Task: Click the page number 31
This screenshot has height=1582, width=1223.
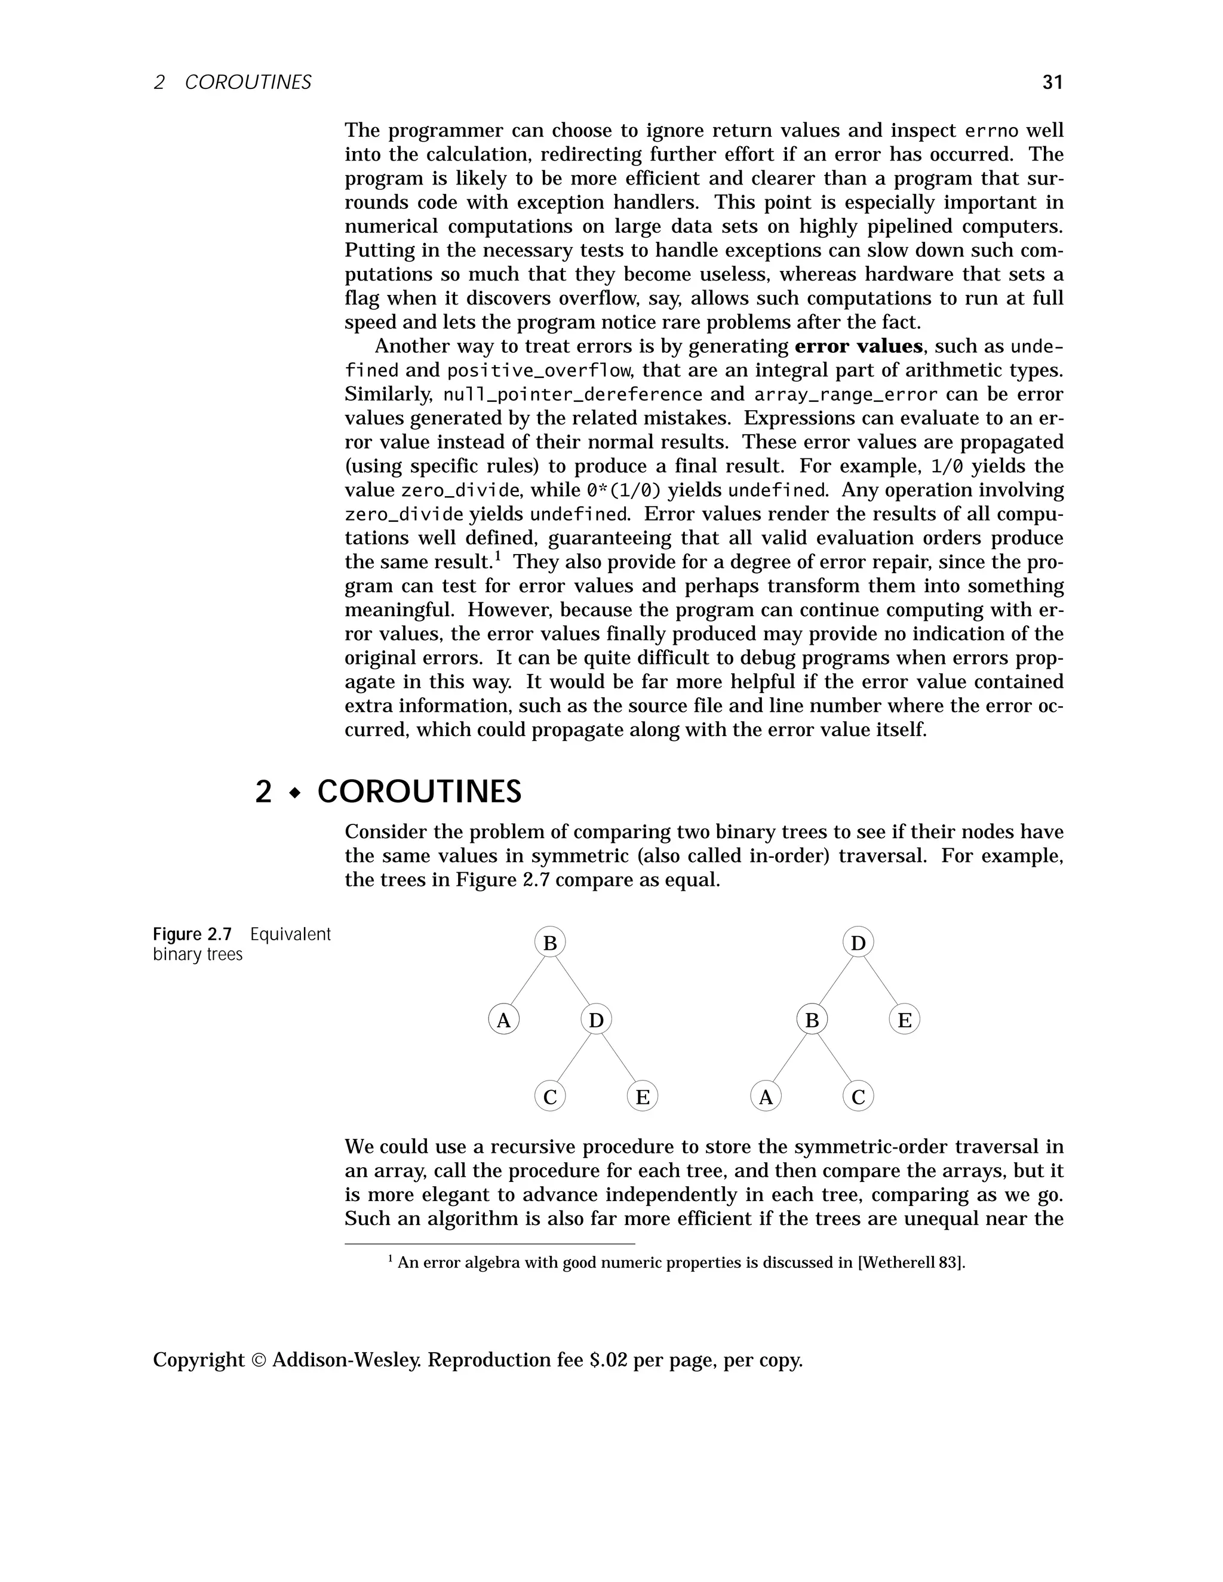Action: coord(1052,82)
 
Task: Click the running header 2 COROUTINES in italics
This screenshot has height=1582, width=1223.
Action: coord(232,82)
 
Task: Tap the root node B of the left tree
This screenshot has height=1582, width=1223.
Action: coord(550,943)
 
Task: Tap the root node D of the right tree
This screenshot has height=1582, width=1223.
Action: coord(858,943)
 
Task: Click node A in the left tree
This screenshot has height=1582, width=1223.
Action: coord(503,1020)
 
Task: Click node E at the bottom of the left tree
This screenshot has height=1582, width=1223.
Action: coord(642,1097)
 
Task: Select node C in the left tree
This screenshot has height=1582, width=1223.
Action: coord(550,1097)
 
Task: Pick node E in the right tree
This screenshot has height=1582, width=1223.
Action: coord(904,1020)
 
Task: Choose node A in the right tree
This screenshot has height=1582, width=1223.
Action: coord(766,1097)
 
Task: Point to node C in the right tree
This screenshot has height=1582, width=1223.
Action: coord(858,1097)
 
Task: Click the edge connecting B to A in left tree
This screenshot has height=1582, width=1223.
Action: coord(527,981)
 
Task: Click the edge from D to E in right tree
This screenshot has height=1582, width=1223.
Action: coord(881,981)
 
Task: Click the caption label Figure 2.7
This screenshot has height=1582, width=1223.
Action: coord(192,934)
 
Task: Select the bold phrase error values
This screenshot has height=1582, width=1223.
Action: coord(858,346)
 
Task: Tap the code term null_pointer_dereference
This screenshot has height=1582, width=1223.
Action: coord(572,395)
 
